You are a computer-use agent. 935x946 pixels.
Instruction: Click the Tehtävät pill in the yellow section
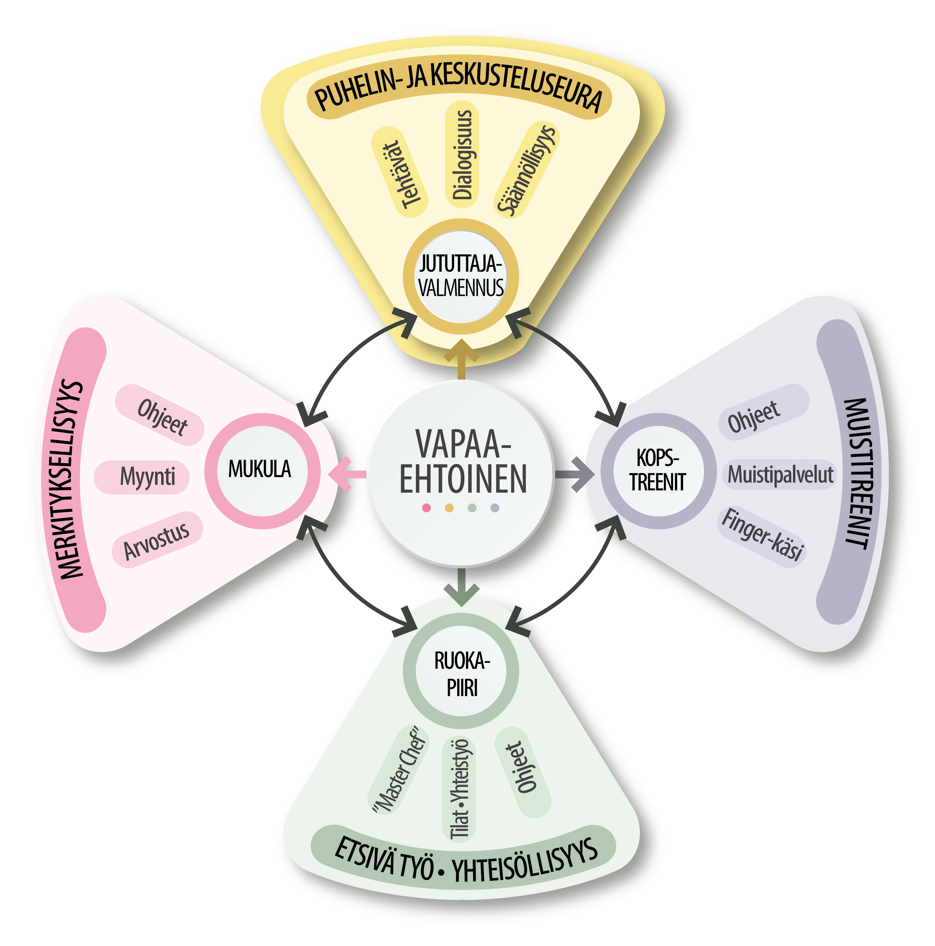(x=399, y=173)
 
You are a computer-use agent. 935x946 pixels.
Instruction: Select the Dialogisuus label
(x=462, y=154)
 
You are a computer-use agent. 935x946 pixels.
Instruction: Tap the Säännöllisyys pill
(x=526, y=169)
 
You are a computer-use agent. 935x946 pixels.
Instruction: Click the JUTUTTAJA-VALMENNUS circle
(x=461, y=277)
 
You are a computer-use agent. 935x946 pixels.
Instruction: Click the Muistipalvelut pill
(x=780, y=474)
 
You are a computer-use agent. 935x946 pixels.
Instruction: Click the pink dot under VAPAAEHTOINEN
(x=426, y=508)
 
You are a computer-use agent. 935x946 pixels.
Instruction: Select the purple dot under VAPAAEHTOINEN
(x=495, y=508)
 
